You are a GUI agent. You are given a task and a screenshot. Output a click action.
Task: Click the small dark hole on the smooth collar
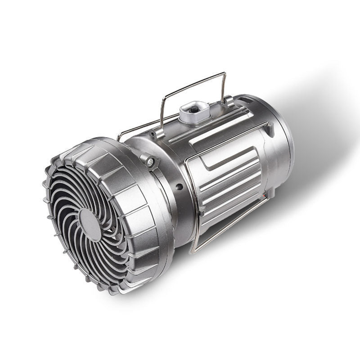[179, 186]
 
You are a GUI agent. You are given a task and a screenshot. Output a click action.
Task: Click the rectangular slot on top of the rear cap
[246, 99]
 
